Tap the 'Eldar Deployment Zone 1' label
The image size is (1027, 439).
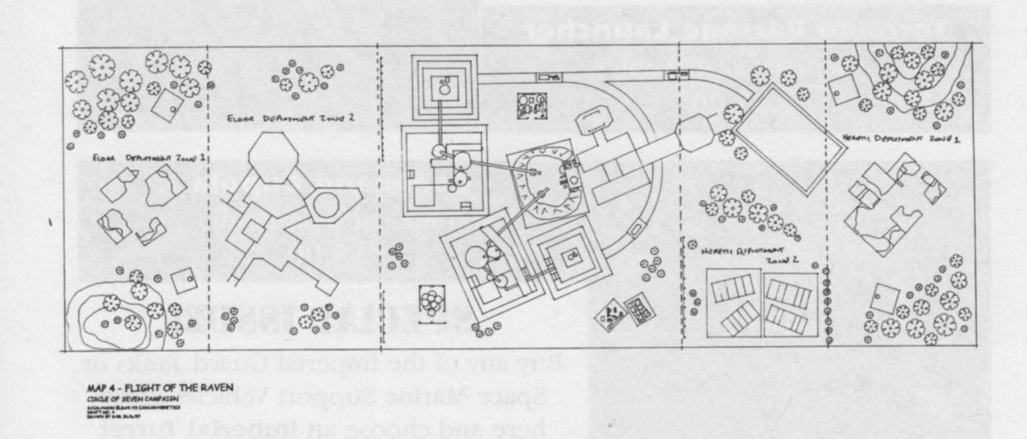(x=149, y=157)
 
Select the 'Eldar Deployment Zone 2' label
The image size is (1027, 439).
(x=291, y=119)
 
